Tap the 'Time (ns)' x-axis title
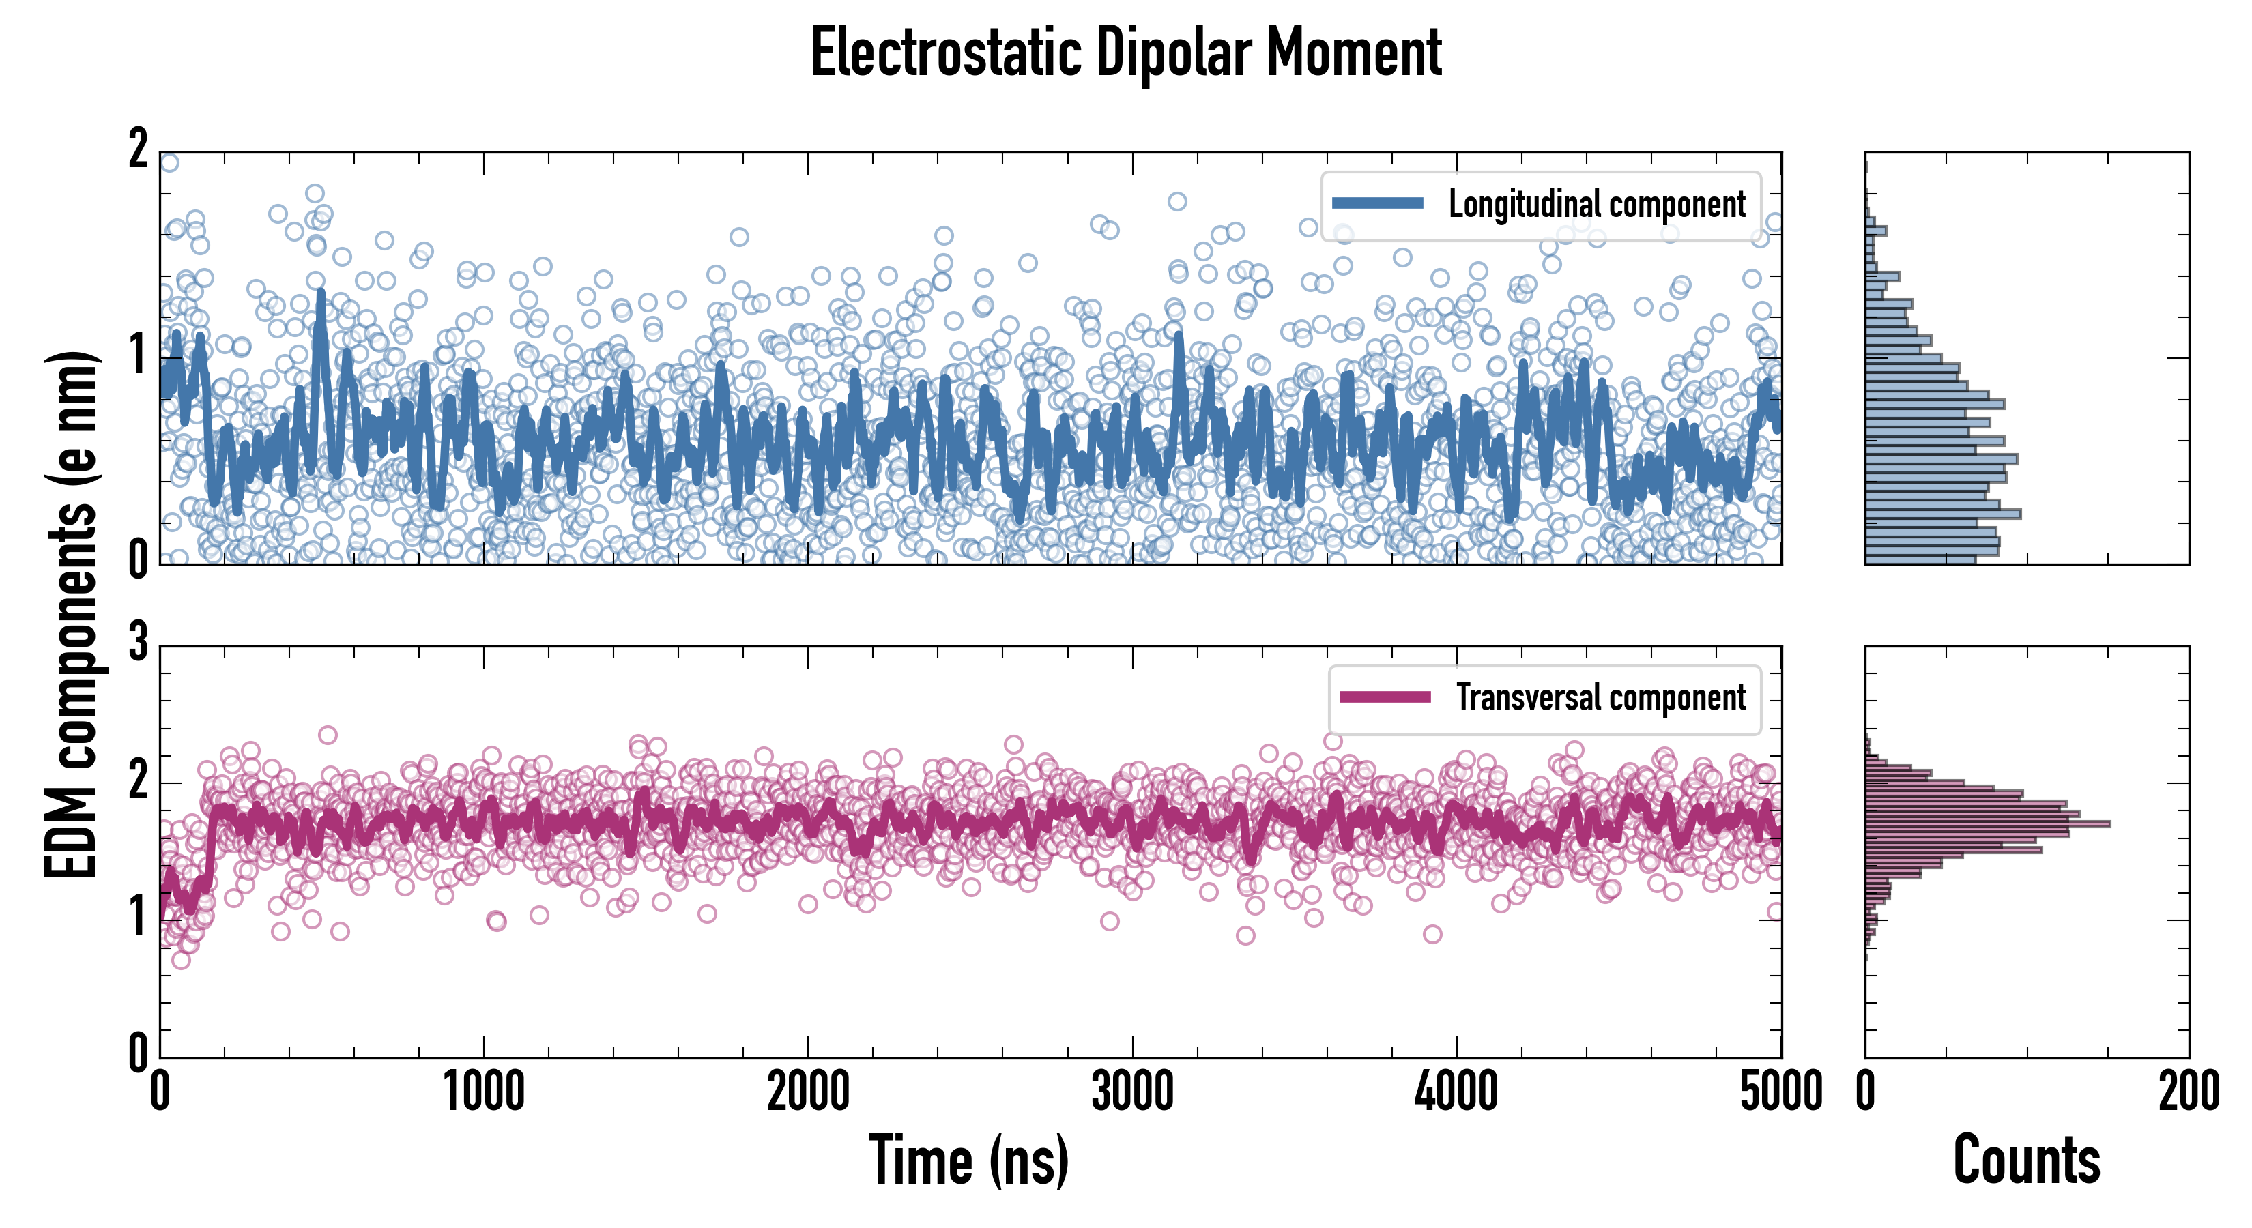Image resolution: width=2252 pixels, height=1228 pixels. click(968, 1160)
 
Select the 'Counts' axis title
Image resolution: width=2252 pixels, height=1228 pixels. click(2026, 1160)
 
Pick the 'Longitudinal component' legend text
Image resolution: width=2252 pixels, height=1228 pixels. click(1596, 205)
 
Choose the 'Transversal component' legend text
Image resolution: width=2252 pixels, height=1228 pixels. click(1600, 697)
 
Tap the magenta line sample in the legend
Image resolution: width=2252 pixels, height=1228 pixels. click(1385, 697)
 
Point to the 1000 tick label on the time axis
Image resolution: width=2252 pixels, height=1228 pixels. click(483, 1092)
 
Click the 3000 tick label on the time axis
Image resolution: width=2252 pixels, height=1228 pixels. click(1132, 1092)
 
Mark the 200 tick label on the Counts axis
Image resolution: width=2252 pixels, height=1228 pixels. click(2188, 1092)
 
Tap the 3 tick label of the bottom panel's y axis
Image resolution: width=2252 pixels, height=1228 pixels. click(138, 643)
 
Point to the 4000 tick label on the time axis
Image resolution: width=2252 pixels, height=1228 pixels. click(1456, 1092)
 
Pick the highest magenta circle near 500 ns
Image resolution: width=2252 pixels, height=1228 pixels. click(328, 735)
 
